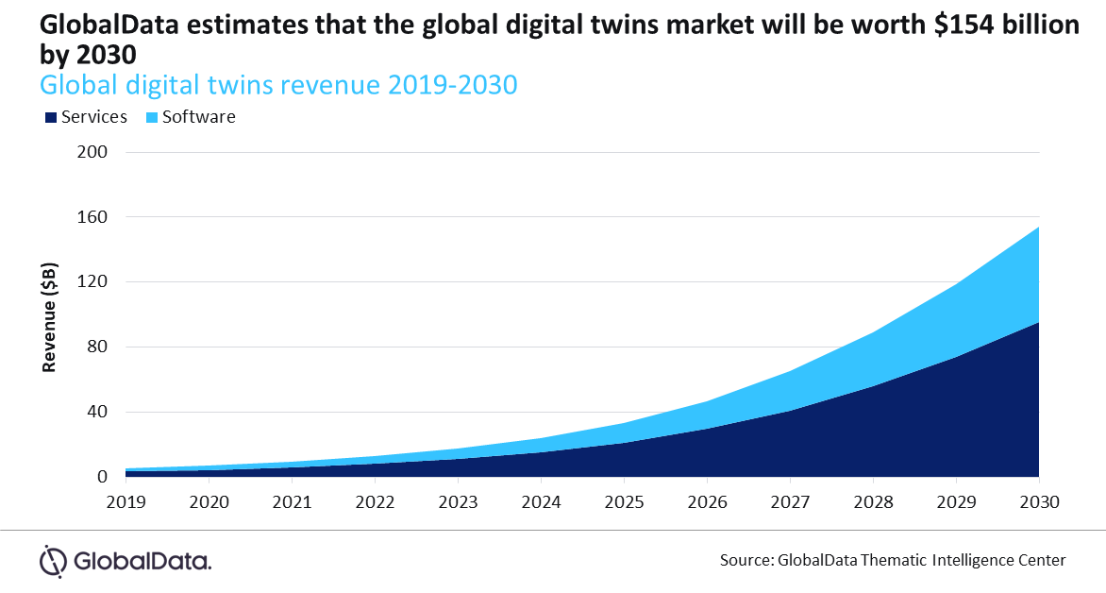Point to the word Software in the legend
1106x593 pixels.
click(x=198, y=117)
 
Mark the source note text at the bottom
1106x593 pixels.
click(x=893, y=560)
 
